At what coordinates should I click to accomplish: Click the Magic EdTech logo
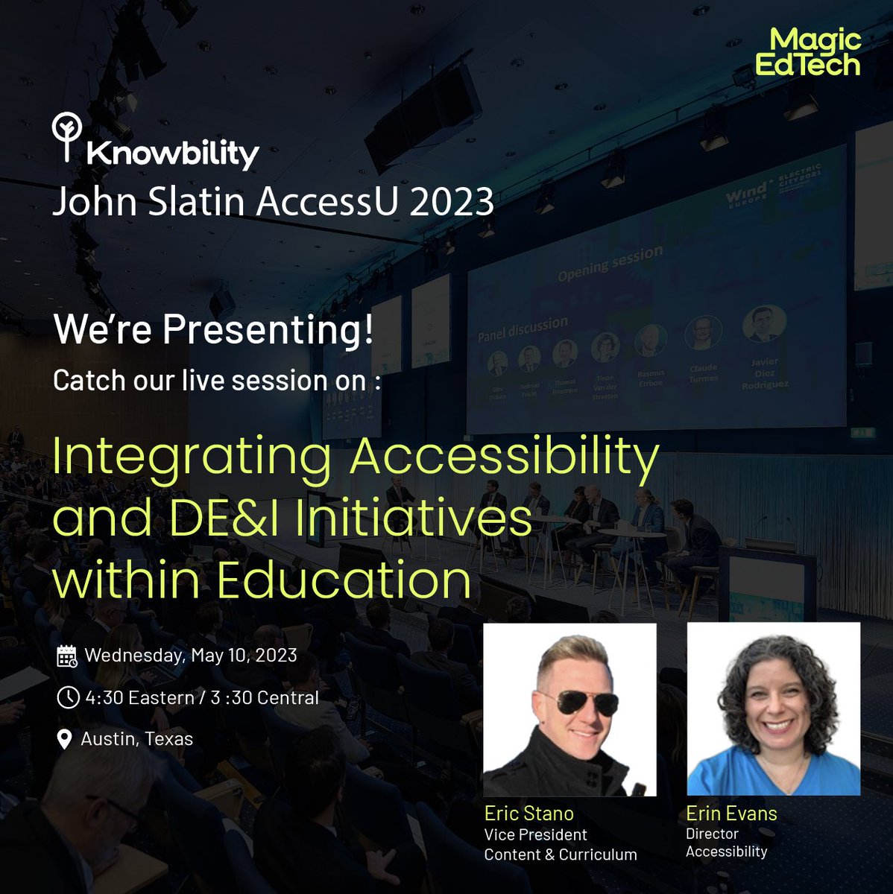[808, 52]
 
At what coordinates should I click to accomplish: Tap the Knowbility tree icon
[66, 136]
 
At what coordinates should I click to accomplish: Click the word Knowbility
[172, 153]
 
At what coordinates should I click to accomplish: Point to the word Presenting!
[268, 329]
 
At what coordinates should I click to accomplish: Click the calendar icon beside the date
[67, 656]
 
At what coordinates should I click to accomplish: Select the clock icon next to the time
[67, 697]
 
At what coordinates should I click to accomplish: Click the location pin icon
[65, 739]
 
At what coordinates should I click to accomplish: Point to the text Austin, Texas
[137, 739]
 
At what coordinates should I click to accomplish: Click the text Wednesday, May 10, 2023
[191, 656]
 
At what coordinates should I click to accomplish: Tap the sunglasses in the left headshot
[579, 701]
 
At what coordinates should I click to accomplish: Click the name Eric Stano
[529, 813]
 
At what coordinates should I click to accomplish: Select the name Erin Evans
[731, 813]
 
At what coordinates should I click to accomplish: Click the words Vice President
[535, 834]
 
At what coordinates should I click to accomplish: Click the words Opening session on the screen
[610, 264]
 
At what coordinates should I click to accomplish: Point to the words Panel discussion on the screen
[523, 328]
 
